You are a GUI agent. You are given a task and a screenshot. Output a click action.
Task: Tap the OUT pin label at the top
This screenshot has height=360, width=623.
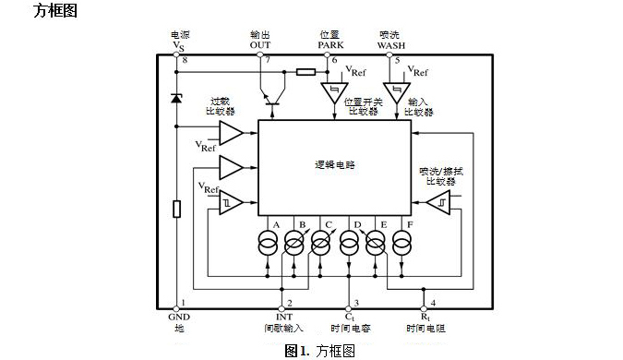click(x=260, y=43)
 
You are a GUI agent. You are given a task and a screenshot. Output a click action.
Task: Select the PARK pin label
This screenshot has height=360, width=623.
click(x=329, y=43)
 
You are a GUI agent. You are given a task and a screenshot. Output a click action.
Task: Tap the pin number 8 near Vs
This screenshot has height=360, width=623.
click(x=184, y=61)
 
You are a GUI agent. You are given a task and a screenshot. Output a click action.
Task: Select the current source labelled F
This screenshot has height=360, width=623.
click(x=401, y=244)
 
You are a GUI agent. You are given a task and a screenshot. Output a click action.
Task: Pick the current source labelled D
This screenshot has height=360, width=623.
click(x=349, y=244)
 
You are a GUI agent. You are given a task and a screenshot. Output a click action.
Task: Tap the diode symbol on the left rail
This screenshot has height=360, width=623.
click(x=176, y=97)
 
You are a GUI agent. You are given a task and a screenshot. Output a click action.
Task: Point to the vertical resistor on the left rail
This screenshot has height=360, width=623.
click(x=176, y=209)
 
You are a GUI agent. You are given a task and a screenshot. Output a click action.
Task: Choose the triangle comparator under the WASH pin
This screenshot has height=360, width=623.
click(x=398, y=93)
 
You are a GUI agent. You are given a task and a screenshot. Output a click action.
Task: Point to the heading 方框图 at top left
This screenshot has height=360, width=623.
click(x=54, y=12)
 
